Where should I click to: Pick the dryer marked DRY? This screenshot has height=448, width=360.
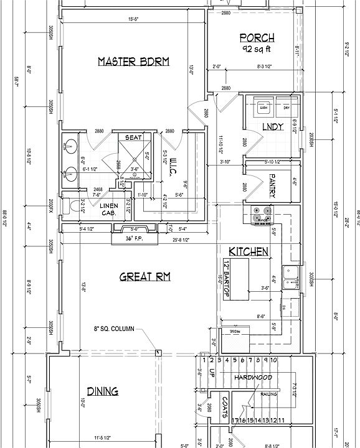click(x=286, y=108)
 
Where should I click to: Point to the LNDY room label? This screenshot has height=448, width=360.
click(x=273, y=127)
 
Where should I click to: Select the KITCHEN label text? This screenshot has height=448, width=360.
click(x=249, y=252)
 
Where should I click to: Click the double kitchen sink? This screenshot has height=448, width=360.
click(x=290, y=278)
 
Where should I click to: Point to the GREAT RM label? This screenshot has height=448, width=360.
click(x=145, y=277)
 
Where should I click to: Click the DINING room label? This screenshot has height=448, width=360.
click(x=102, y=391)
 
